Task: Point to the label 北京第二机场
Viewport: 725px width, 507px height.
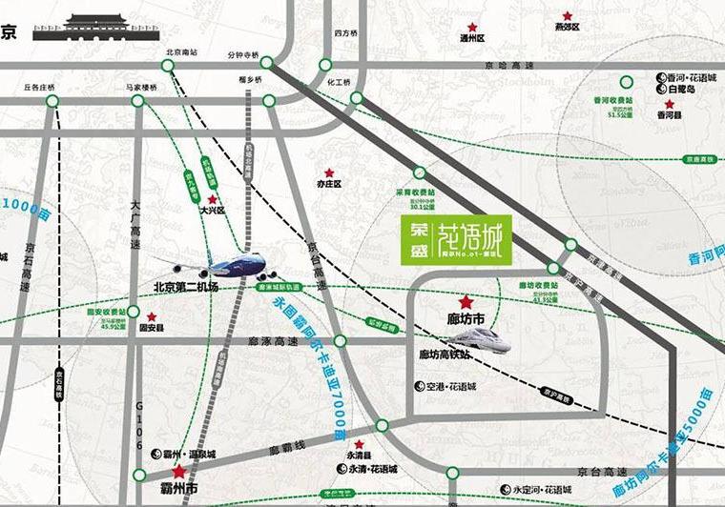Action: [x=186, y=286]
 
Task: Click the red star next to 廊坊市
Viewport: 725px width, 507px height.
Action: [x=466, y=300]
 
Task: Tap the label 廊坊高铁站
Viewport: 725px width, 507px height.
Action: [x=445, y=355]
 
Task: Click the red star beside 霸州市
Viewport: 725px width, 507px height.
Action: [x=177, y=471]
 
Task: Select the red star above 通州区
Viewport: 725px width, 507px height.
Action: [x=472, y=27]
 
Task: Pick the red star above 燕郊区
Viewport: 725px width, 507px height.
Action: [x=567, y=15]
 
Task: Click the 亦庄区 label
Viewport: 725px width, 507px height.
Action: [x=329, y=182]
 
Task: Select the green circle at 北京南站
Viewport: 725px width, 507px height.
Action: [x=168, y=64]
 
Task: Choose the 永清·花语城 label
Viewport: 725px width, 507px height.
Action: [x=367, y=469]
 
